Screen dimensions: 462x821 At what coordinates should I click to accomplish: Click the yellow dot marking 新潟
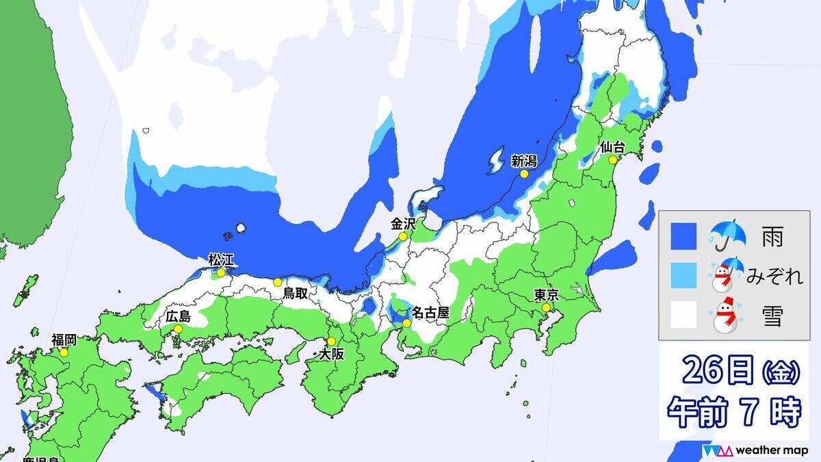[524, 174]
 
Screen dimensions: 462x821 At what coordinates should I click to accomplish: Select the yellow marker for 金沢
[403, 237]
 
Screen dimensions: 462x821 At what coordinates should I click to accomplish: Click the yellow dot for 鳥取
[277, 282]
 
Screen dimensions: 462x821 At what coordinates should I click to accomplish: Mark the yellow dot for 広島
[178, 329]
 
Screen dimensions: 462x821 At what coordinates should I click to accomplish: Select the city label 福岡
[64, 339]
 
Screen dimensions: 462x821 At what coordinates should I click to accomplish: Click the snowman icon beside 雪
[727, 316]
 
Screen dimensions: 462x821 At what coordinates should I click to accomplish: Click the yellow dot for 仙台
[613, 159]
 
